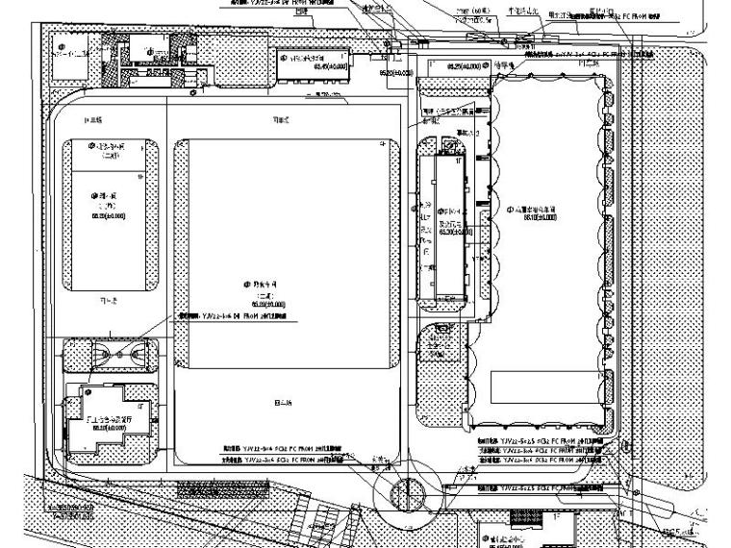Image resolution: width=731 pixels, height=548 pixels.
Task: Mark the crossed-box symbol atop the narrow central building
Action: click(449, 147)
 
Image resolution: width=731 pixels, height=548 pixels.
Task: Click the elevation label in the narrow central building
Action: click(450, 232)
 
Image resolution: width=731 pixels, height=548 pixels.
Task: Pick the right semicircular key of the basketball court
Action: click(137, 354)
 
